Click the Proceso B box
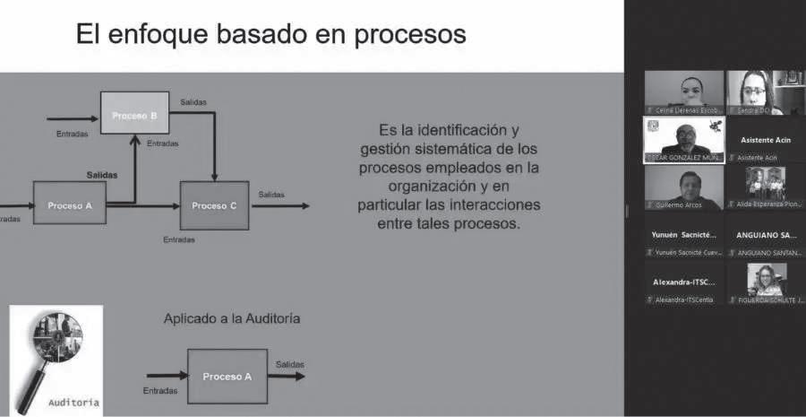coord(134,114)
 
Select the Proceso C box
coord(214,205)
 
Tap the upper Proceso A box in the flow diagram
coord(70,205)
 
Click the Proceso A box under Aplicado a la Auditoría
coord(227,377)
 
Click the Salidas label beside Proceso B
coord(193,101)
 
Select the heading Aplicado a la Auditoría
coord(231,317)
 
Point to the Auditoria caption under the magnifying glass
coord(74,402)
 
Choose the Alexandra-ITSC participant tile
coord(684,282)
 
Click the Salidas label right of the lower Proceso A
coord(290,364)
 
